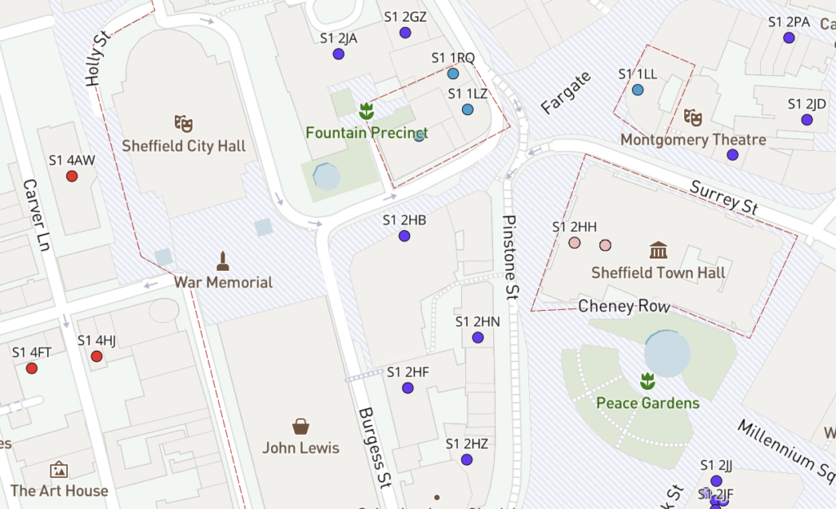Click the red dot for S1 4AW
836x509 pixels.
pos(72,175)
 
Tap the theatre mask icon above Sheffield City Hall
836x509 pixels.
pos(184,124)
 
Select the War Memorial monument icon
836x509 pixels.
pos(222,262)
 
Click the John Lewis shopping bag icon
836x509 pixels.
pos(300,426)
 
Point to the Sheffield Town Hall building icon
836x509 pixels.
pos(658,250)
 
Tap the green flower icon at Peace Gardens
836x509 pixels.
pos(647,380)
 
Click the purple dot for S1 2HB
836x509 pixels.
pos(404,236)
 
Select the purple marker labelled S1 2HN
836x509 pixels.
pos(478,337)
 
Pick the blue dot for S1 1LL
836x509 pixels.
pos(638,90)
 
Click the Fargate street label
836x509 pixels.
pos(565,93)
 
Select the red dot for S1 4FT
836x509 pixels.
pos(32,368)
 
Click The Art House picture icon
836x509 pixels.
pos(59,470)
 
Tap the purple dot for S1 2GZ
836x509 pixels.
pos(405,33)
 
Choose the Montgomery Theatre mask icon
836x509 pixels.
pos(693,117)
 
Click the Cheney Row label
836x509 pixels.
pos(624,307)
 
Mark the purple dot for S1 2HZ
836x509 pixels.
pos(467,459)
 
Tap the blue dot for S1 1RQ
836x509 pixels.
pos(453,73)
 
